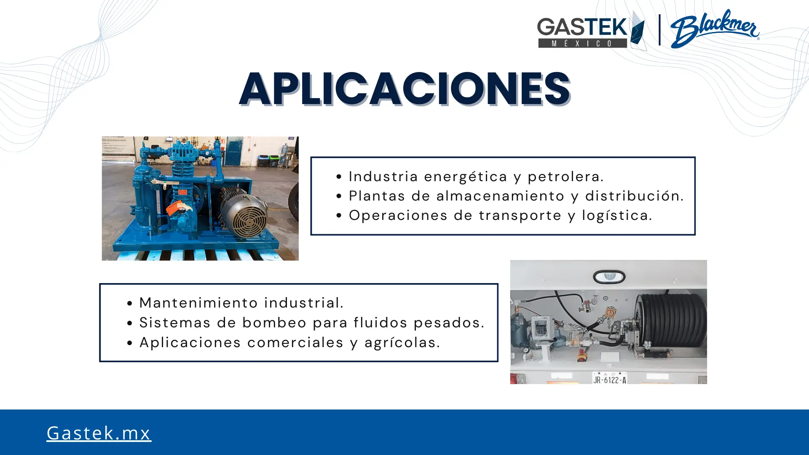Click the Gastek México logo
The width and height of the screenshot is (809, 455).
(x=591, y=30)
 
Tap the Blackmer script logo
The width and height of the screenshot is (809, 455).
(x=715, y=29)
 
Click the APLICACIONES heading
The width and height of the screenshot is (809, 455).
(x=404, y=88)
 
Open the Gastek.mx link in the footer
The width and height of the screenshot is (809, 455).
(x=99, y=433)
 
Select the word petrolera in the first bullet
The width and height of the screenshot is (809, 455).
(x=565, y=177)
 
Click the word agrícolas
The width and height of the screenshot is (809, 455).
(x=402, y=343)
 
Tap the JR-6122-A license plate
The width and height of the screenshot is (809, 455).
(x=609, y=378)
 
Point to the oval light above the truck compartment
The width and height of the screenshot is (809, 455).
(x=609, y=277)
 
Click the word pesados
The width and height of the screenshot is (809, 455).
(x=449, y=323)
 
